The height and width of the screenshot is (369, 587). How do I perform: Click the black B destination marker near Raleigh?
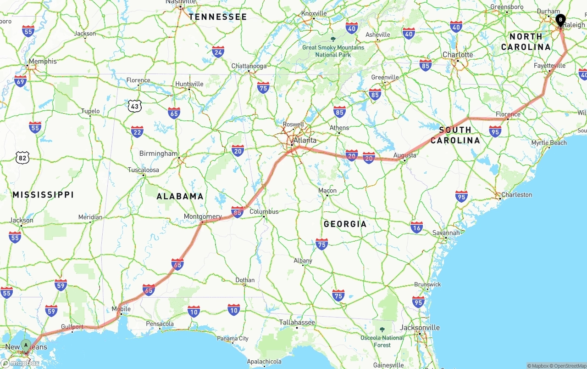click(x=560, y=20)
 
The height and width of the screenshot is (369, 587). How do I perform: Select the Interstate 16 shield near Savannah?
click(x=417, y=227)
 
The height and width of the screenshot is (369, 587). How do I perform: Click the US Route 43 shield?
click(x=134, y=106)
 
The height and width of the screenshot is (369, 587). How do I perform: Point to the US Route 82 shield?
click(x=22, y=158)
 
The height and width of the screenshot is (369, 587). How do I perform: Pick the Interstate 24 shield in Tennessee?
click(x=218, y=52)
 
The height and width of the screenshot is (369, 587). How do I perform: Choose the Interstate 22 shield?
click(x=137, y=132)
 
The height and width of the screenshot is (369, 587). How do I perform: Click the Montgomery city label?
click(x=203, y=216)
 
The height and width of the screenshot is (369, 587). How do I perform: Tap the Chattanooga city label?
click(x=249, y=66)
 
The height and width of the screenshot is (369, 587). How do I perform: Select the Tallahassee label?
click(x=297, y=322)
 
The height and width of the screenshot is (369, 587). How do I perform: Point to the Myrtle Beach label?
click(x=549, y=143)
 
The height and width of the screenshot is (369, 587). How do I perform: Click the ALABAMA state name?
click(x=180, y=196)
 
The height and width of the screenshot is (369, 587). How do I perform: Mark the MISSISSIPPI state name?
click(x=43, y=195)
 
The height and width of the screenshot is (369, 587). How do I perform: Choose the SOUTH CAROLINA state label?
click(x=455, y=135)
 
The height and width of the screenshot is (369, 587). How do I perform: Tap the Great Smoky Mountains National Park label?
click(x=333, y=51)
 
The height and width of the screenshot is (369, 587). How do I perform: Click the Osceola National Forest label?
click(x=382, y=341)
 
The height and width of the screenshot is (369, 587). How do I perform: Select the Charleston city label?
click(x=516, y=195)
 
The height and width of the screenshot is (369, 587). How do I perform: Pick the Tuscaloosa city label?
click(x=144, y=170)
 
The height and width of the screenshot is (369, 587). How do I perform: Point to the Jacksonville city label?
click(x=420, y=328)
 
